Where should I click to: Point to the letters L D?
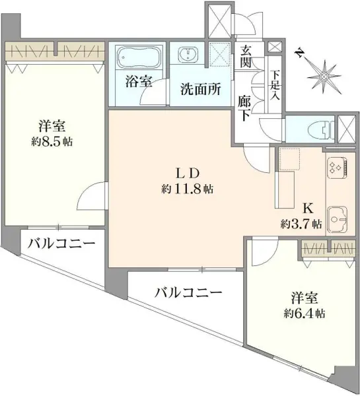(x=188, y=174)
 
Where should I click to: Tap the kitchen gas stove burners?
(x=336, y=168)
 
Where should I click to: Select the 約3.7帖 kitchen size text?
(x=301, y=224)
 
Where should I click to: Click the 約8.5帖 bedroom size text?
(x=50, y=141)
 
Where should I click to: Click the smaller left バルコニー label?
(x=61, y=244)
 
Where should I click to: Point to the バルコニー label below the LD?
(x=188, y=292)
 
